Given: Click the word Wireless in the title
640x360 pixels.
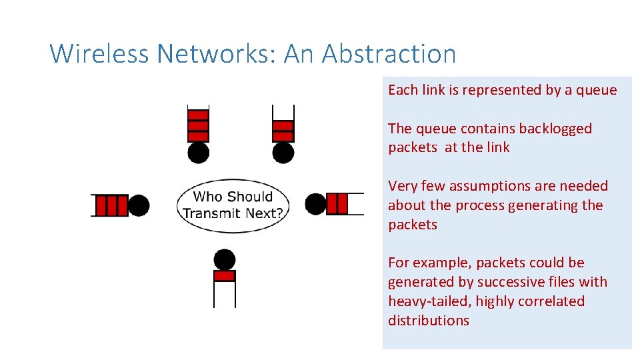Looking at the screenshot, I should (x=99, y=53).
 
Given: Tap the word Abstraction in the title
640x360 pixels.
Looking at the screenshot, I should (x=389, y=53).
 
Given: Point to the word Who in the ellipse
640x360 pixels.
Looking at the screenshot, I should (x=207, y=197).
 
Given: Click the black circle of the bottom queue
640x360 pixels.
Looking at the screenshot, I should (x=225, y=259).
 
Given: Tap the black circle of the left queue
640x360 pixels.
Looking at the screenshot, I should (x=138, y=205).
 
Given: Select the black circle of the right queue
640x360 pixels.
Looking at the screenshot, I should (x=315, y=203).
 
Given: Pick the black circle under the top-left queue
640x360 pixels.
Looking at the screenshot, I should (x=198, y=153).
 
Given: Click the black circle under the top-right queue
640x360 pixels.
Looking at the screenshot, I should (x=283, y=153).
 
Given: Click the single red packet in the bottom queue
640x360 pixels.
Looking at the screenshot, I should (x=225, y=275).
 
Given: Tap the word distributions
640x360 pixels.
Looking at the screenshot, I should (x=429, y=320).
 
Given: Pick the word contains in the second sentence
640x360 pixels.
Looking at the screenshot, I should (x=478, y=128).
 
